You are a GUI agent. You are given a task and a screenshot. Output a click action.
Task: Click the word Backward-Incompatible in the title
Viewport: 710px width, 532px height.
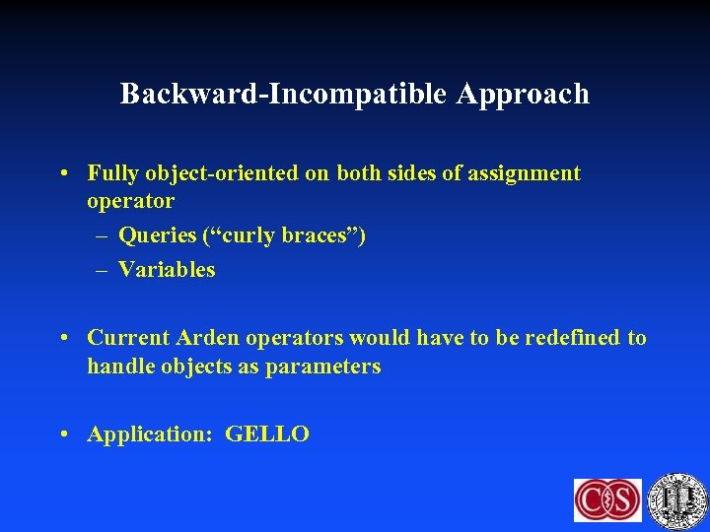tap(284, 95)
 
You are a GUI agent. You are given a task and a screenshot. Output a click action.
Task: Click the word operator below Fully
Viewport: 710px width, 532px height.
tap(130, 201)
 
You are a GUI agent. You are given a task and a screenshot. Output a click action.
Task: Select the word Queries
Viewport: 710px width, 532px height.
tap(157, 236)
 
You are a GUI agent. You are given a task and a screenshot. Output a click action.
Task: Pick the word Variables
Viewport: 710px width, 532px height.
tap(167, 270)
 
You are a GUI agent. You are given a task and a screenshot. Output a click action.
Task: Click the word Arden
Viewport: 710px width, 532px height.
tap(208, 338)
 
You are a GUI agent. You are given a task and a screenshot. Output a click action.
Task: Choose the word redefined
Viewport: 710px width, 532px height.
tap(574, 338)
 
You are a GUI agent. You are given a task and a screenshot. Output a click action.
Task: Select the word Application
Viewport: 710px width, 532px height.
tap(150, 434)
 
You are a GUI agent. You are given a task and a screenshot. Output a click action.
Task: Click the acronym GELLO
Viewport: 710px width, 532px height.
tap(267, 434)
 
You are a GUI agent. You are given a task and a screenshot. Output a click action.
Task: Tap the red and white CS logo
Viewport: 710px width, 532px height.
tap(607, 500)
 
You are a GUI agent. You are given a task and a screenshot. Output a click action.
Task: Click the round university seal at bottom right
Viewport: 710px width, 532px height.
tap(677, 499)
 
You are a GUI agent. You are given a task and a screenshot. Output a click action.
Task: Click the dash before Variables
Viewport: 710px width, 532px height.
tap(103, 270)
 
